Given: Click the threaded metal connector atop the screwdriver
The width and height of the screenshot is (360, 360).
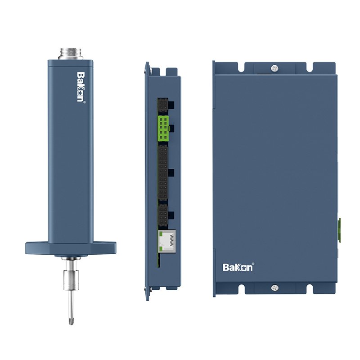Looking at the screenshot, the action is [71, 54].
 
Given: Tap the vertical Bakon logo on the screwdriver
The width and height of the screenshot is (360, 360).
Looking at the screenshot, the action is [81, 87].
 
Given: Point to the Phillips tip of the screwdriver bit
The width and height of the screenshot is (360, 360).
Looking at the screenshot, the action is [71, 321].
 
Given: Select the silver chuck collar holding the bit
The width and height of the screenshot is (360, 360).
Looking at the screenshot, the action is [71, 279].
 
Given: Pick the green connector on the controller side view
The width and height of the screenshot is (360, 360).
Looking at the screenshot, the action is [163, 128].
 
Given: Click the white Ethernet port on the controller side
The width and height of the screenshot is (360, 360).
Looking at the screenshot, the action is [167, 241].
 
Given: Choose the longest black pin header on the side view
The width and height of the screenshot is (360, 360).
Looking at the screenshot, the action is [163, 173].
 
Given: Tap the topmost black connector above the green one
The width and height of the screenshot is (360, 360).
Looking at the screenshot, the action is [163, 105].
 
